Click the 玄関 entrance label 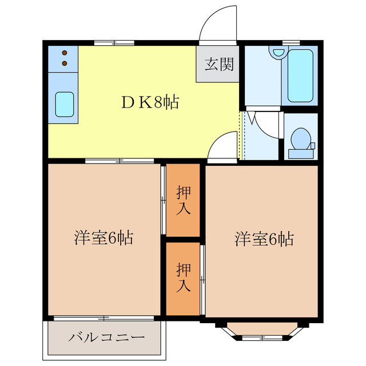click(219, 65)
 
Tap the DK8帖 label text click(150, 102)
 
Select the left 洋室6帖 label click(104, 238)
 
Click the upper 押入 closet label click(183, 200)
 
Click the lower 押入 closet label click(183, 277)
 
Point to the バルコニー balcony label click(106, 337)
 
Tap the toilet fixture click(300, 141)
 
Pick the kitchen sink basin click(64, 104)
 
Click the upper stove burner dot click(65, 51)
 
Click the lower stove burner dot click(65, 62)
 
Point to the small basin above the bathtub click(278, 53)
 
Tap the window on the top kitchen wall click(111, 42)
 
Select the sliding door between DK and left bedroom click(120, 161)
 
